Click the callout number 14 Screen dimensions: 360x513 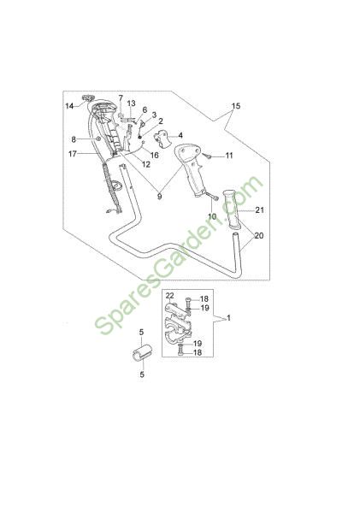click(69, 106)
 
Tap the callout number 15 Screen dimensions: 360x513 click(236, 106)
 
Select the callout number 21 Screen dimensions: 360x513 click(260, 210)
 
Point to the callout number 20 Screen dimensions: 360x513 click(259, 236)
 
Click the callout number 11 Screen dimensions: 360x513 click(229, 155)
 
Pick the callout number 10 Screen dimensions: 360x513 click(212, 216)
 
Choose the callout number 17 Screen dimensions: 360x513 click(73, 153)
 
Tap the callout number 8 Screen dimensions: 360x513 click(74, 139)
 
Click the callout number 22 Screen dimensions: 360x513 click(169, 296)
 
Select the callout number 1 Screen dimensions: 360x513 click(229, 318)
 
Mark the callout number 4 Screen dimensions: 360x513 click(180, 135)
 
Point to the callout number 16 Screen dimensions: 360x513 click(154, 155)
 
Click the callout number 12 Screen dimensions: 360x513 click(146, 164)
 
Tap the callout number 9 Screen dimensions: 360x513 click(159, 197)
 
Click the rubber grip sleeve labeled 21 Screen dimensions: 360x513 click(232, 209)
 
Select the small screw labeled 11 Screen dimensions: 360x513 click(207, 156)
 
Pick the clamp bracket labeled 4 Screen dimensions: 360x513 click(162, 138)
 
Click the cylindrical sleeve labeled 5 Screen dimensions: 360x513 click(142, 352)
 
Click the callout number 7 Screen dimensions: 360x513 click(121, 97)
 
